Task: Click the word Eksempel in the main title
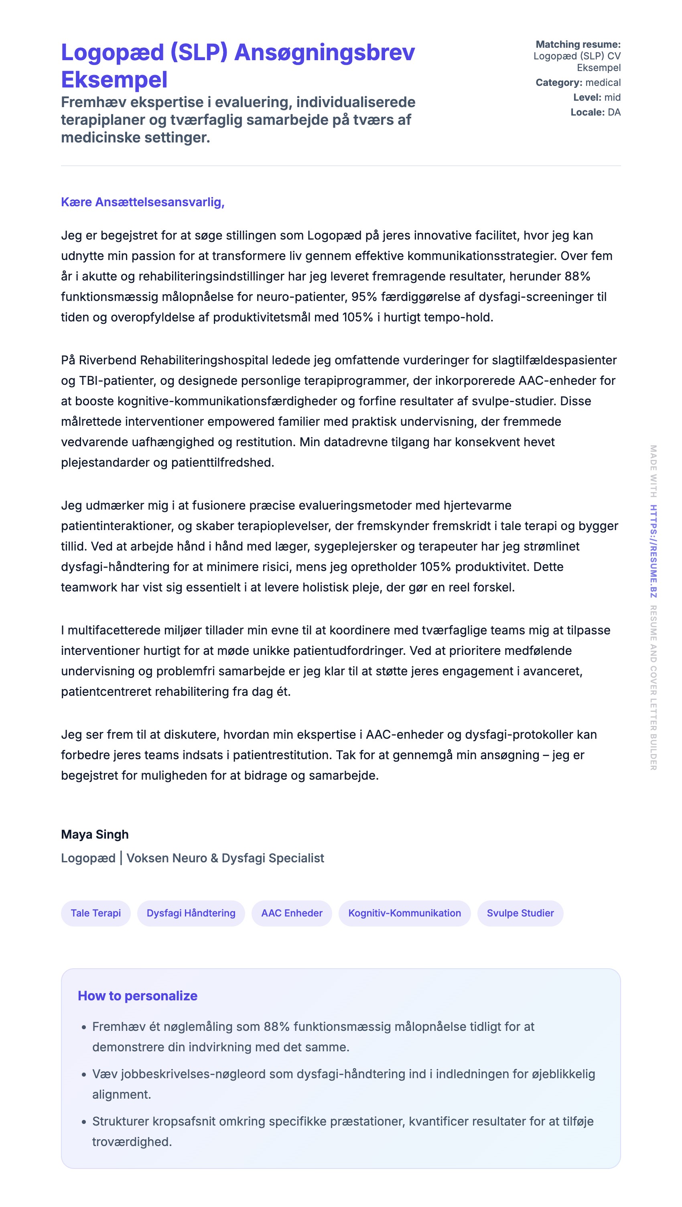pos(114,80)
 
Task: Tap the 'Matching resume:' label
pos(578,45)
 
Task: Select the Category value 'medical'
pos(603,83)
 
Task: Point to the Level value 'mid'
pos(612,98)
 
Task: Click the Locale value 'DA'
pos(614,112)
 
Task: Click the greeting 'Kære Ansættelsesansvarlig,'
pos(142,202)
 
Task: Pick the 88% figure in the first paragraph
pos(577,276)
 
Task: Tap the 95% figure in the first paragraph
pos(364,297)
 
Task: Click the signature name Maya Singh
pos(95,835)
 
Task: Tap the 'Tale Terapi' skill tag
pos(95,913)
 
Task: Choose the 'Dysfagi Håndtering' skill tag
pos(191,913)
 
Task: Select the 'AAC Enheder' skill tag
pos(291,913)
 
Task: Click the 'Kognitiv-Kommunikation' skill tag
pos(404,913)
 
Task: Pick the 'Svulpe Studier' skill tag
pos(520,913)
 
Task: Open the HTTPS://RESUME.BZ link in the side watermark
pos(653,551)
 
